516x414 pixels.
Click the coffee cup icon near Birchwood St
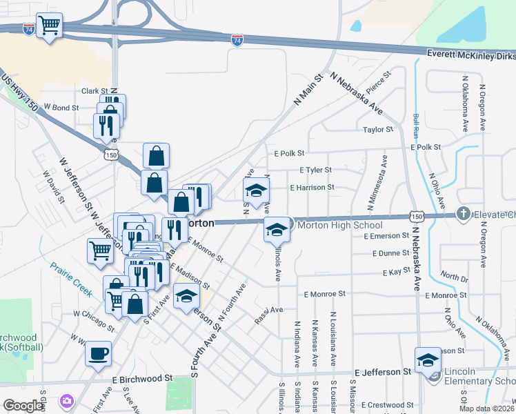[97, 353]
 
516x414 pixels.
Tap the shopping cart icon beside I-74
[50, 26]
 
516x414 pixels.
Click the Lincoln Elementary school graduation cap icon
[428, 360]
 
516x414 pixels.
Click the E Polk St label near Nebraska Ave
[425, 147]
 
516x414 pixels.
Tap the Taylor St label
[378, 129]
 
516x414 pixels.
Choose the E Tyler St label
[316, 170]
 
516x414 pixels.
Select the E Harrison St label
[312, 187]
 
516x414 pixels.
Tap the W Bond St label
[61, 108]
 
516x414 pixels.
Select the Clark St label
[95, 90]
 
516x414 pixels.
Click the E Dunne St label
[390, 253]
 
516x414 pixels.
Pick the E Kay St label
[397, 273]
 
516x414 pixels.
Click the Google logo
[23, 406]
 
